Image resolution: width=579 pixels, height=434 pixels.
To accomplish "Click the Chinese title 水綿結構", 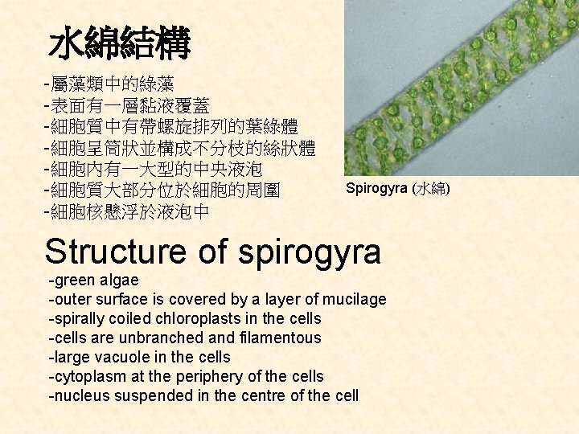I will coord(119,45).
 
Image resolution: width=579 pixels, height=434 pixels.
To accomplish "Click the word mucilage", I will coord(355,300).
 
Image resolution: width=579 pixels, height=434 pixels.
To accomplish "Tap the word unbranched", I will coord(156,338).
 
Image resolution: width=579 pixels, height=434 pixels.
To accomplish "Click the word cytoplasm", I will coord(88,377).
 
